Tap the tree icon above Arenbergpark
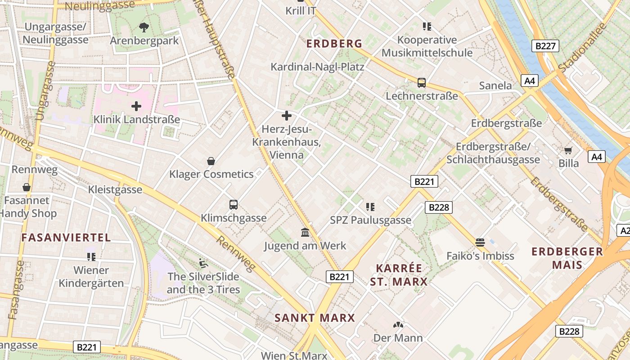pos(144,27)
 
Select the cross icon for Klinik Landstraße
pos(136,106)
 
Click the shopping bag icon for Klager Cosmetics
pos(211,161)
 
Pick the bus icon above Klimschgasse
pos(233,205)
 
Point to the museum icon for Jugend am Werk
pos(305,232)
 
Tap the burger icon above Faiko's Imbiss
pos(480,243)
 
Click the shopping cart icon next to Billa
pos(568,150)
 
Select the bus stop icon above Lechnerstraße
pos(421,82)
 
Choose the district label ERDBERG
pos(334,44)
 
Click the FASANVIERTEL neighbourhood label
pos(66,238)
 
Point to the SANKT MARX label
pos(315,318)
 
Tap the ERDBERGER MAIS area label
pos(567,258)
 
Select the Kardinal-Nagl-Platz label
pos(317,67)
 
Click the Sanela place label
pos(495,85)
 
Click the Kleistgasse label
pos(115,189)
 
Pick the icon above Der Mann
pos(398,324)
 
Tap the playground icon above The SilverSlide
pos(203,262)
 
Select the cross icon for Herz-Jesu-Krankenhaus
pos(286,116)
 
